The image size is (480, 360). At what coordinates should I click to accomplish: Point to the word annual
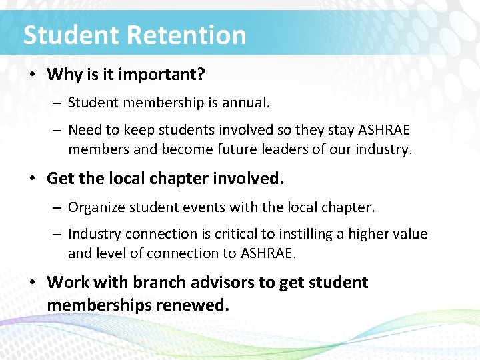pyautogui.click(x=247, y=103)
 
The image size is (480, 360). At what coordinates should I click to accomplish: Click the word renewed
pyautogui.click(x=201, y=305)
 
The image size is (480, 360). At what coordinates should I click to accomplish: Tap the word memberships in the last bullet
pyautogui.click(x=107, y=305)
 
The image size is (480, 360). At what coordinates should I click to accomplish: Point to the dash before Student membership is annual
pyautogui.click(x=57, y=103)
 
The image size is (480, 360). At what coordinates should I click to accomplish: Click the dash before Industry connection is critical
pyautogui.click(x=57, y=234)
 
